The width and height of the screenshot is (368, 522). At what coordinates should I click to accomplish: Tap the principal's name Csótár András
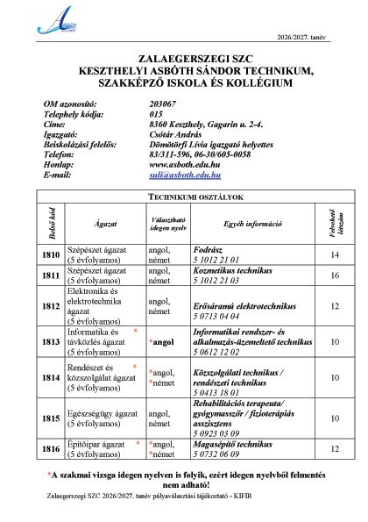click(x=175, y=134)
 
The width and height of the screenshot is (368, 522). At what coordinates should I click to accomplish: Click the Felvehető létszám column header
click(x=334, y=224)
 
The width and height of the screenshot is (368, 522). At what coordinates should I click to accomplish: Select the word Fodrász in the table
click(x=208, y=250)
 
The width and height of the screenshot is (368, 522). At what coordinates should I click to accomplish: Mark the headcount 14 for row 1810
click(x=334, y=254)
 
